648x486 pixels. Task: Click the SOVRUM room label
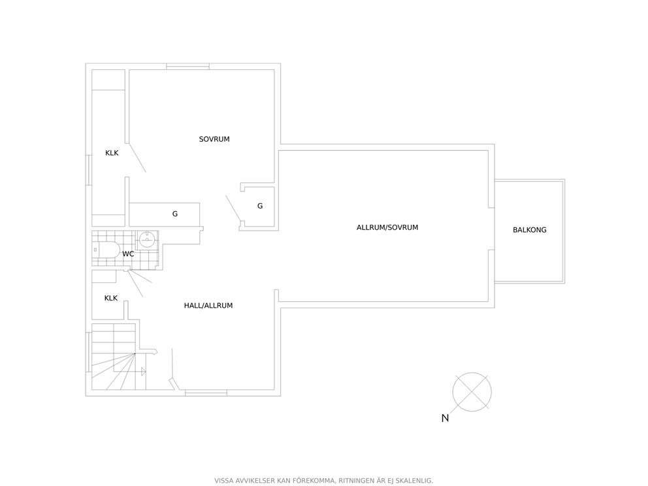pyautogui.click(x=214, y=139)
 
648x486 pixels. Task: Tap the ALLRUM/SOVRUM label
pyautogui.click(x=387, y=227)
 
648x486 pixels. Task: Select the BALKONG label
pyautogui.click(x=530, y=230)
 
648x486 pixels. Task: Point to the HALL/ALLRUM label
pyautogui.click(x=208, y=305)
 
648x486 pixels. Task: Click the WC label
pyautogui.click(x=128, y=253)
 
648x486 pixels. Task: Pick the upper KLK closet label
pyautogui.click(x=112, y=153)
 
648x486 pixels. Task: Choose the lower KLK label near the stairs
pyautogui.click(x=111, y=298)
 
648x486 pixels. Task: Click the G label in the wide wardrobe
pyautogui.click(x=175, y=214)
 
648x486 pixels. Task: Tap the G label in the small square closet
pyautogui.click(x=260, y=206)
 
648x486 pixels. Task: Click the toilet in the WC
pyautogui.click(x=105, y=250)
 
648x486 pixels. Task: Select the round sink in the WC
pyautogui.click(x=148, y=240)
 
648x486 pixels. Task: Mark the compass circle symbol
pyautogui.click(x=472, y=392)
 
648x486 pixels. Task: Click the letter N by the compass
pyautogui.click(x=445, y=418)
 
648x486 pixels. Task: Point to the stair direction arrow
pyautogui.click(x=143, y=371)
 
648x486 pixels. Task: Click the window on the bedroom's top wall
pyautogui.click(x=187, y=66)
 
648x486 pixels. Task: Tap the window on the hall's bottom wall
pyautogui.click(x=206, y=393)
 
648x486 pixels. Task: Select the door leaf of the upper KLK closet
pyautogui.click(x=137, y=157)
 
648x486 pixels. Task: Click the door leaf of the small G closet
pyautogui.click(x=233, y=208)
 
